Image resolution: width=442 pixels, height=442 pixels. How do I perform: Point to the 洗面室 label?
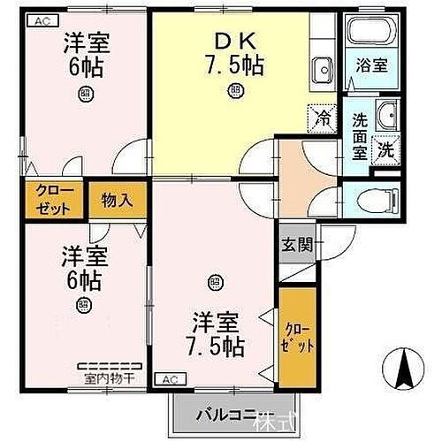[x=361, y=136]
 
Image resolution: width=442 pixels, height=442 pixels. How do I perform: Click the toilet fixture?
[x=372, y=199]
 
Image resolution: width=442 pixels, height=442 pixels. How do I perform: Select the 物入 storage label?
[x=117, y=200]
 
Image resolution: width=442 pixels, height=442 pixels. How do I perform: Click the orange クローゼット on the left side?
[x=43, y=200]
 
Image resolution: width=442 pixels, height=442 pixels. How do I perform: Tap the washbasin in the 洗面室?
[x=385, y=114]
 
